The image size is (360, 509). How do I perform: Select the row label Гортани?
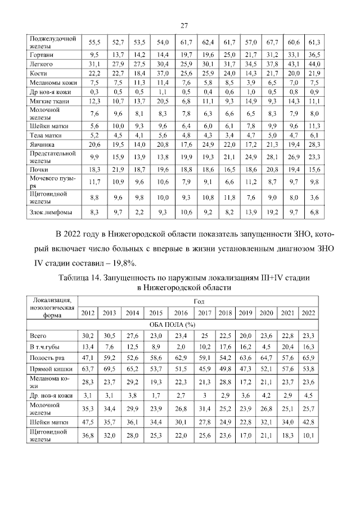(x=41, y=55)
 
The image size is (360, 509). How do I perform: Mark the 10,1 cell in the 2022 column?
(x=308, y=435)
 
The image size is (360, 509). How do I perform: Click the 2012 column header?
(x=88, y=313)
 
